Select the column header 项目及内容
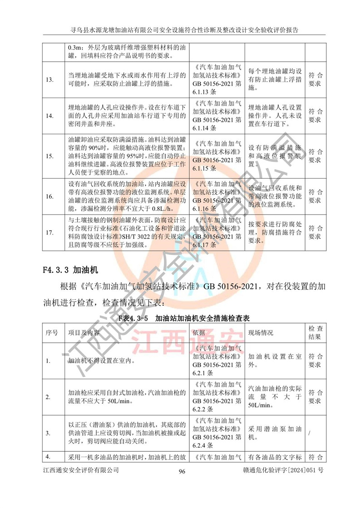pos(84,332)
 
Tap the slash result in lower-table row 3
pos(309,434)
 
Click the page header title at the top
pos(180,30)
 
